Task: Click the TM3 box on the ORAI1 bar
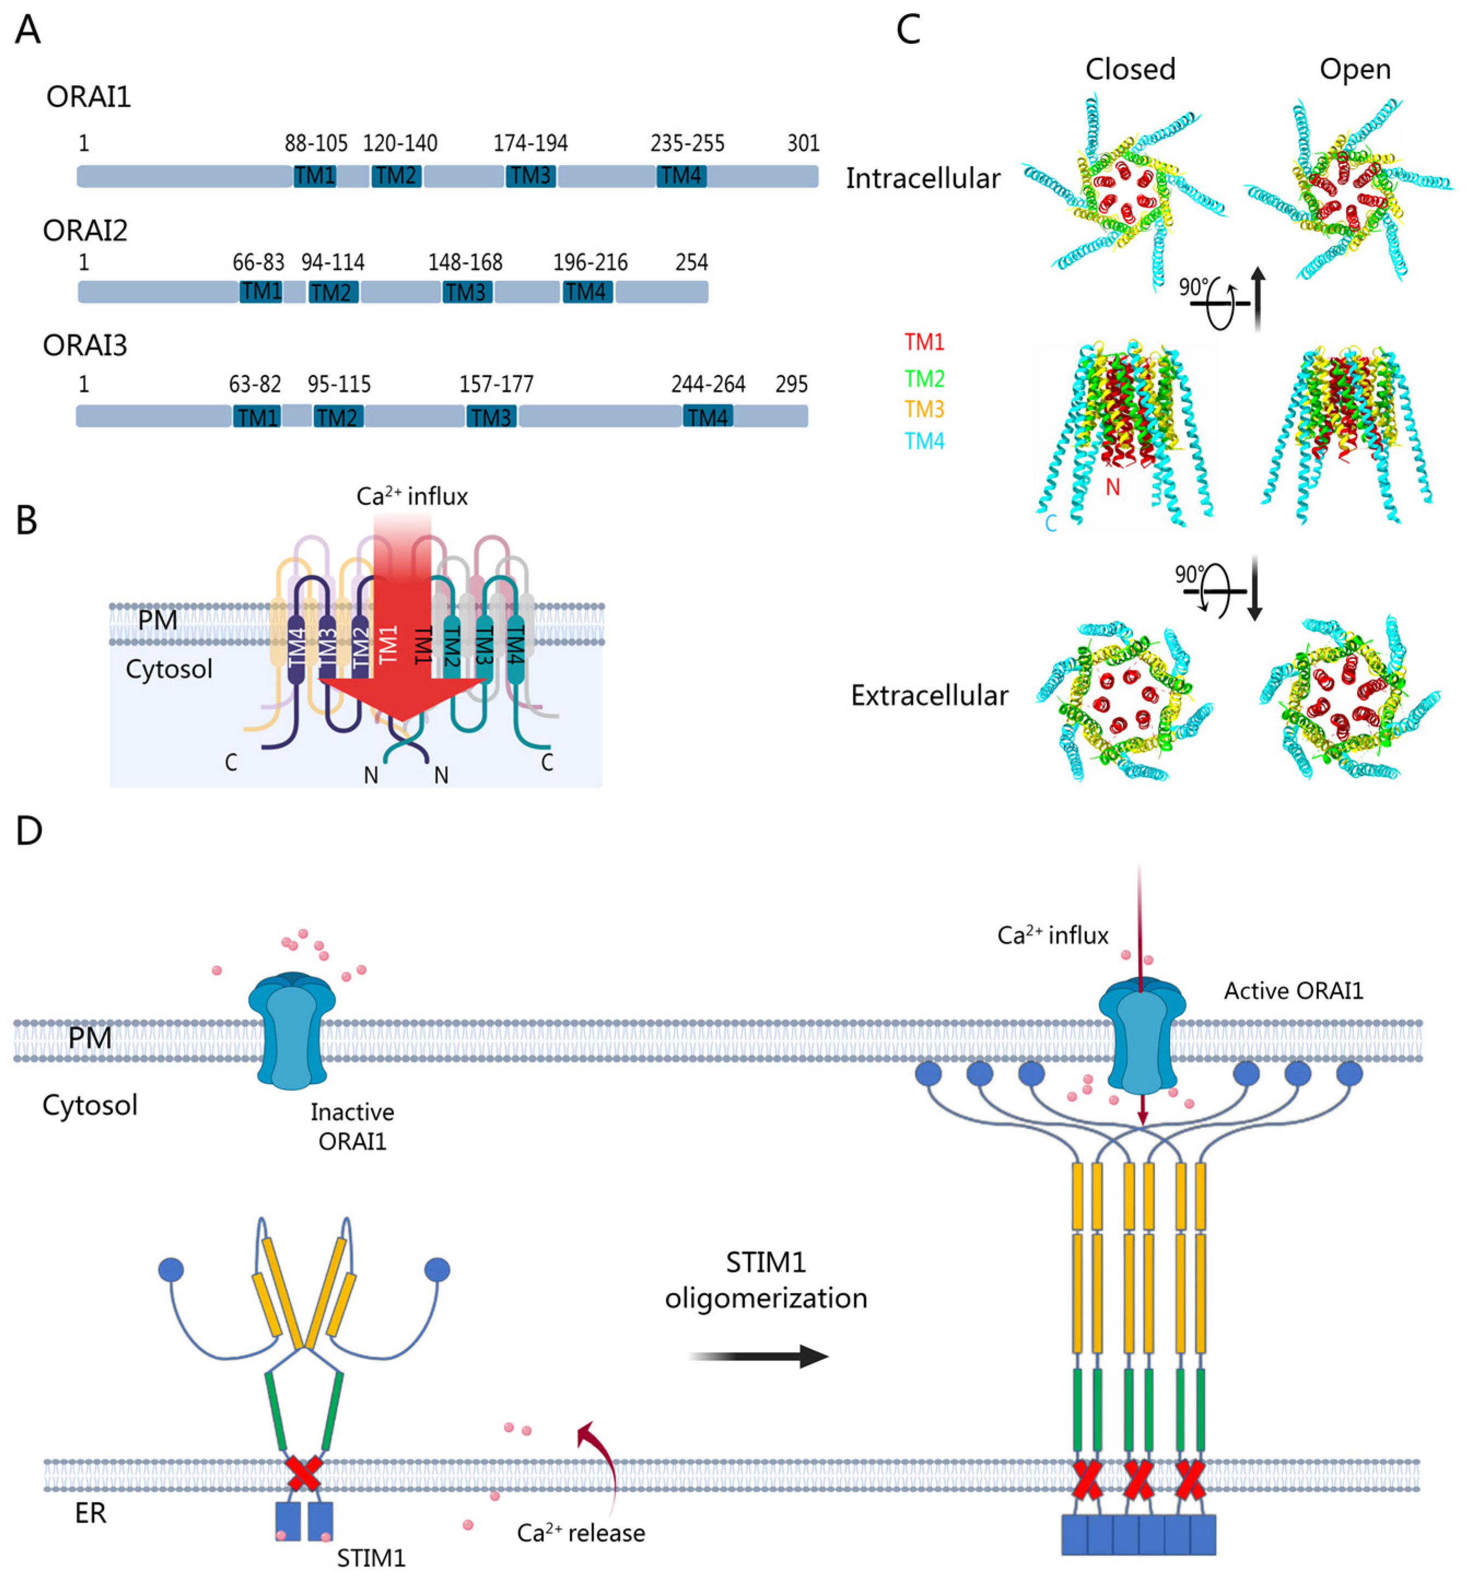pos(530,175)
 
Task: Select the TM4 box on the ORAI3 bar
pos(707,416)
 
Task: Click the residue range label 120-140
pos(400,144)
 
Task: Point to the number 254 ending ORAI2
pos(691,263)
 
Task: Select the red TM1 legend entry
pos(924,342)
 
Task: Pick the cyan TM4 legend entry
pos(924,442)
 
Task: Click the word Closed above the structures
pos(1130,70)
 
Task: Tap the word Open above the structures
pos(1354,70)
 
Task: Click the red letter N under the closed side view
pos(1112,486)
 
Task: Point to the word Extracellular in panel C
pos(929,696)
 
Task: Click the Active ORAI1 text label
pos(1293,991)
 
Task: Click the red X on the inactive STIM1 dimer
pos(303,1474)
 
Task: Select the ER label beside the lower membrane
pos(91,1513)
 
